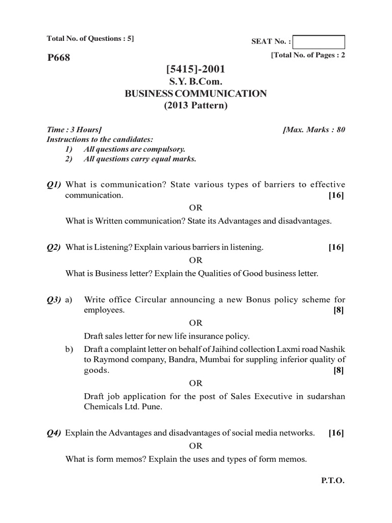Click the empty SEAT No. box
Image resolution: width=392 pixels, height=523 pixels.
pyautogui.click(x=320, y=42)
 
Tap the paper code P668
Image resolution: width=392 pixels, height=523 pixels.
pyautogui.click(x=58, y=58)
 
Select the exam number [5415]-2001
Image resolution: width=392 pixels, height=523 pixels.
pyautogui.click(x=196, y=69)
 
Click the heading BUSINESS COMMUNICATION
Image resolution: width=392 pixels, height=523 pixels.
pyautogui.click(x=196, y=93)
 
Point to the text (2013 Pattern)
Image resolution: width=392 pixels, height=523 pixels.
pyautogui.click(x=196, y=106)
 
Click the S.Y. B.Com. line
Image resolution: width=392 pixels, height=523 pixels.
pyautogui.click(x=196, y=81)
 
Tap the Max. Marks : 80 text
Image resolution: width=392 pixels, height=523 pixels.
pyautogui.click(x=314, y=130)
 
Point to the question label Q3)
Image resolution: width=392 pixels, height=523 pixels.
pyautogui.click(x=54, y=299)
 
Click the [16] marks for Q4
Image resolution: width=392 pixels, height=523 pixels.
pyautogui.click(x=336, y=433)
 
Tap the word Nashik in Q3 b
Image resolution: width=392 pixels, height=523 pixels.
pyautogui.click(x=332, y=348)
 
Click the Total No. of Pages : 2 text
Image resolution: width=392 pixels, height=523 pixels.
pyautogui.click(x=308, y=55)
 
